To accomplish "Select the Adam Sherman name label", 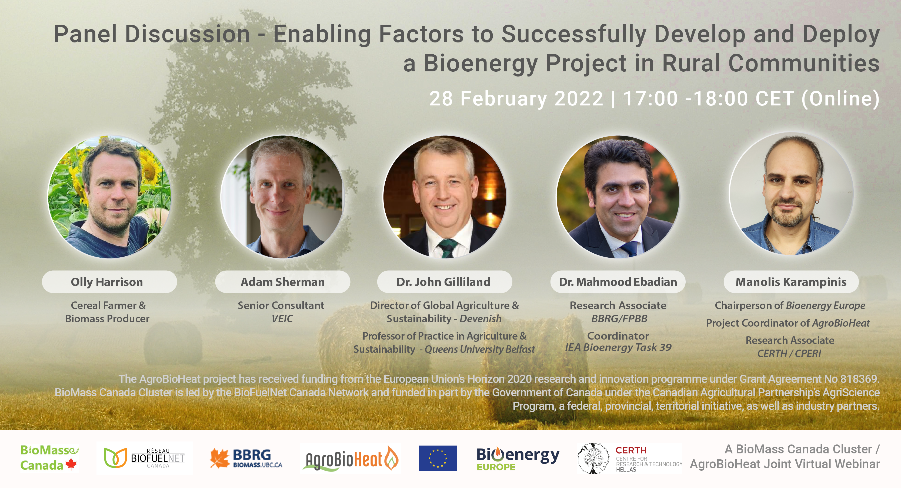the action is point(283,282).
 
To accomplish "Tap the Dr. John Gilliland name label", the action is point(445,282).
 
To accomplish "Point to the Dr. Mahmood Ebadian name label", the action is point(618,282).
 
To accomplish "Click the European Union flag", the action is point(438,458).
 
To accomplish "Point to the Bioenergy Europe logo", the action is point(518,459).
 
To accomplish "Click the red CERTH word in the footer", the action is point(631,450).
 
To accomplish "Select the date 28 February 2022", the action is point(516,98).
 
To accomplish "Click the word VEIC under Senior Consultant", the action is point(282,319).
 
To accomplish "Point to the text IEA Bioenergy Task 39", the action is point(618,347).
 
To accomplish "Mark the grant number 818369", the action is point(859,379).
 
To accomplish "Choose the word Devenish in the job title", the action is point(480,319).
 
